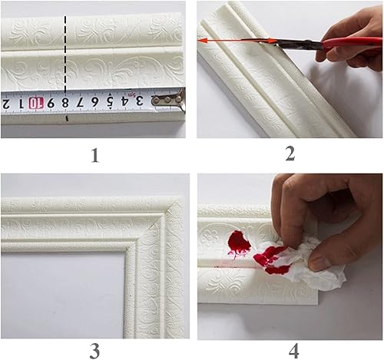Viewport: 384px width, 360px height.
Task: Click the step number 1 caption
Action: point(94,156)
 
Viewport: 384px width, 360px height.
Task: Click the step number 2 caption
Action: point(290,154)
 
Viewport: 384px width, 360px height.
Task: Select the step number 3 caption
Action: point(94,351)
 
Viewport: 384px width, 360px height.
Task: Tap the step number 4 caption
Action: point(293,351)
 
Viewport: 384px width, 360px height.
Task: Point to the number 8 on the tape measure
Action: point(66,102)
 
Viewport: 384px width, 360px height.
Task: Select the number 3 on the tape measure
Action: point(139,101)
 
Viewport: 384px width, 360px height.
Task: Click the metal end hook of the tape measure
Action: point(170,99)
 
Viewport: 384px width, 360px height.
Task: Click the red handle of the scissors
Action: point(349,42)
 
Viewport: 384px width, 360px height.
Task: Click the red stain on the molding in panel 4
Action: point(239,243)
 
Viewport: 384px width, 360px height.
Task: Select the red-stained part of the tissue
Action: point(270,259)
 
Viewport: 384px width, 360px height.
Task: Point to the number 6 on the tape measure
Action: point(95,101)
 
